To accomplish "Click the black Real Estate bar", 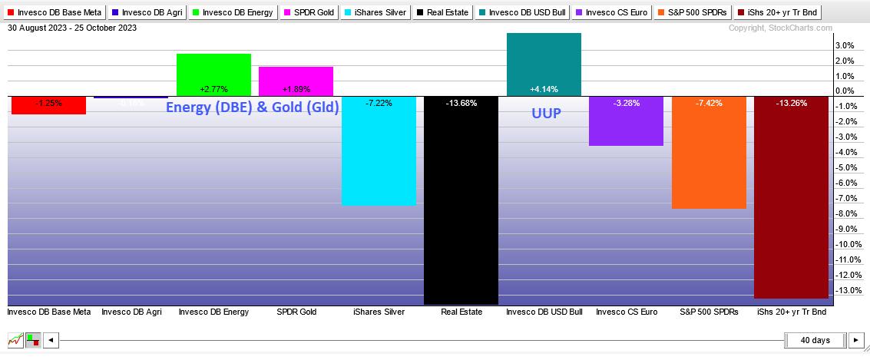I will point(461,200).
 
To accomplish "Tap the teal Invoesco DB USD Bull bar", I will point(544,64).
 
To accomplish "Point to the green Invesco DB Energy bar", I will point(213,74).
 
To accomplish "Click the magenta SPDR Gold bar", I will point(296,81).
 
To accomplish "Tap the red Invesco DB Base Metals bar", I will point(48,104).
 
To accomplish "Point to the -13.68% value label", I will point(461,103).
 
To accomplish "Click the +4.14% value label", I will point(544,89).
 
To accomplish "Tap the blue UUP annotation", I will point(546,113).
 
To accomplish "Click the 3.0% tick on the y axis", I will point(844,45).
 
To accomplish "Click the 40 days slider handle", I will point(815,339).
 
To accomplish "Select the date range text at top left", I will point(72,28).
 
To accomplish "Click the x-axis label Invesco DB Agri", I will point(131,312).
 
